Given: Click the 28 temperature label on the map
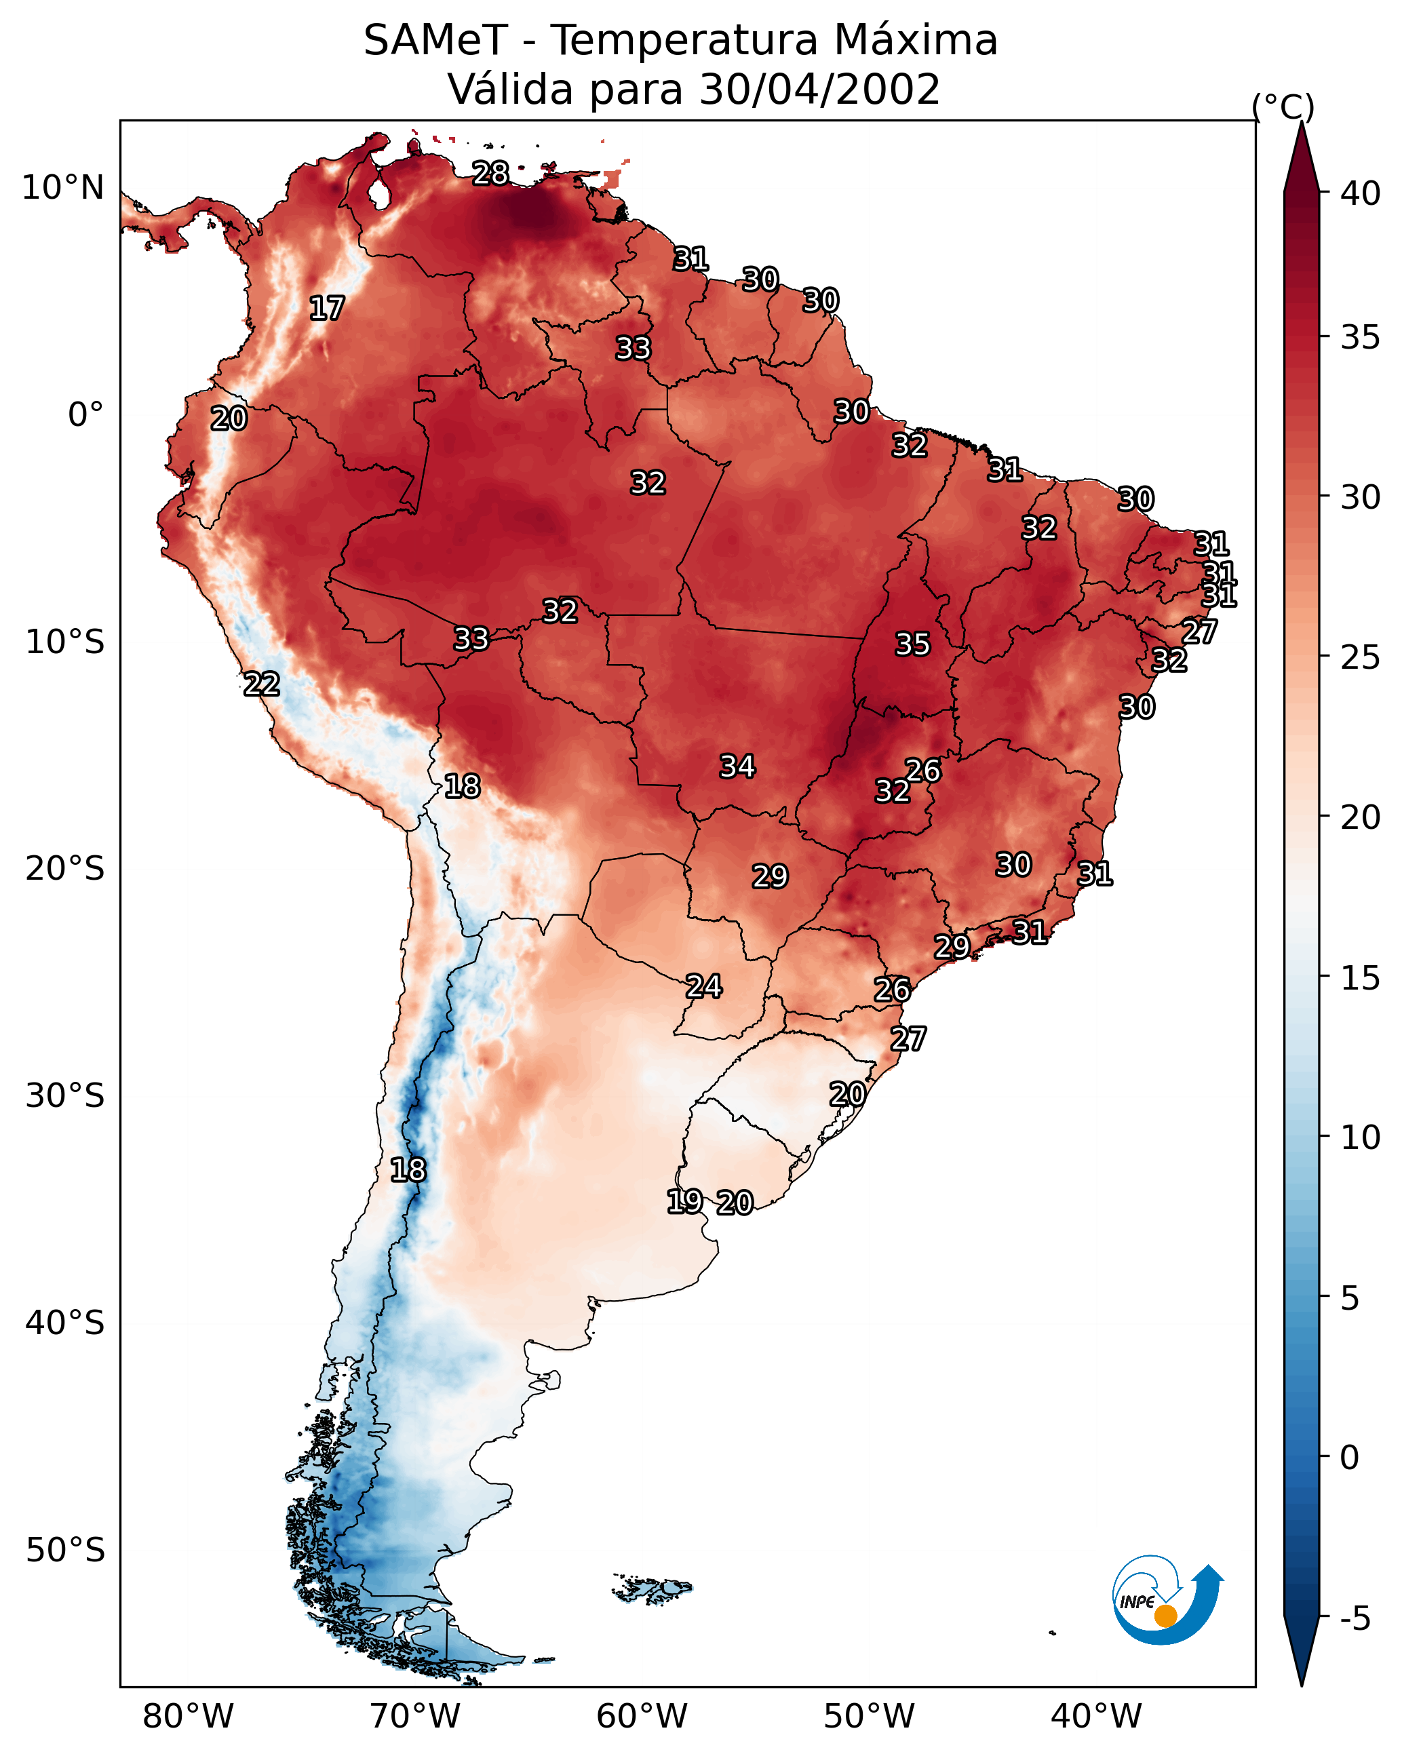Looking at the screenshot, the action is [x=490, y=173].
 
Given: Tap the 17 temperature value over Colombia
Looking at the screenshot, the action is [x=327, y=309].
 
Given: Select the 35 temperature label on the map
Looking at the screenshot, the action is [x=912, y=644].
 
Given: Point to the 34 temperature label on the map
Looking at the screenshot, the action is [x=737, y=766].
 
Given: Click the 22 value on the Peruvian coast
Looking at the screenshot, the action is [x=262, y=684].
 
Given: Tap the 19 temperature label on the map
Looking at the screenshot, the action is [x=684, y=1202].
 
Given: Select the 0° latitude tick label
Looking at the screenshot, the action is [x=86, y=415].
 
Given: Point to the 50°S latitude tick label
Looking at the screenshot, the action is [x=65, y=1551].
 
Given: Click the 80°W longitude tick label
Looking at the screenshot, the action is [x=188, y=1717].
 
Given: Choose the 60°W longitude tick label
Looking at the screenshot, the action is [x=642, y=1717].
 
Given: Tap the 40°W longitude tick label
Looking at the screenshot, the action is [x=1096, y=1717].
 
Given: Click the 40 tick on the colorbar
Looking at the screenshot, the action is [x=1361, y=193].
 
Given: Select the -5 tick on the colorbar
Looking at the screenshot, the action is [x=1356, y=1619].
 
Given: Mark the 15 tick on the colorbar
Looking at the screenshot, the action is [x=1361, y=978].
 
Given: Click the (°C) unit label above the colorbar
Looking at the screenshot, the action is [x=1283, y=106].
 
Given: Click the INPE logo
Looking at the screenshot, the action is [x=1168, y=1600].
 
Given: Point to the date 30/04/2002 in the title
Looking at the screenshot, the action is [x=819, y=89].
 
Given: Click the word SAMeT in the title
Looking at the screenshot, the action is [x=435, y=40].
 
